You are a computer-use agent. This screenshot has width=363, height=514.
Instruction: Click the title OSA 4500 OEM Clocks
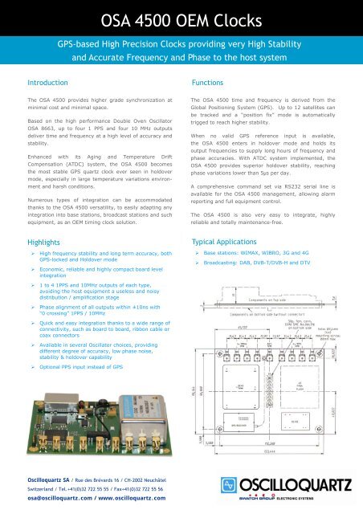(x=181, y=15)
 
